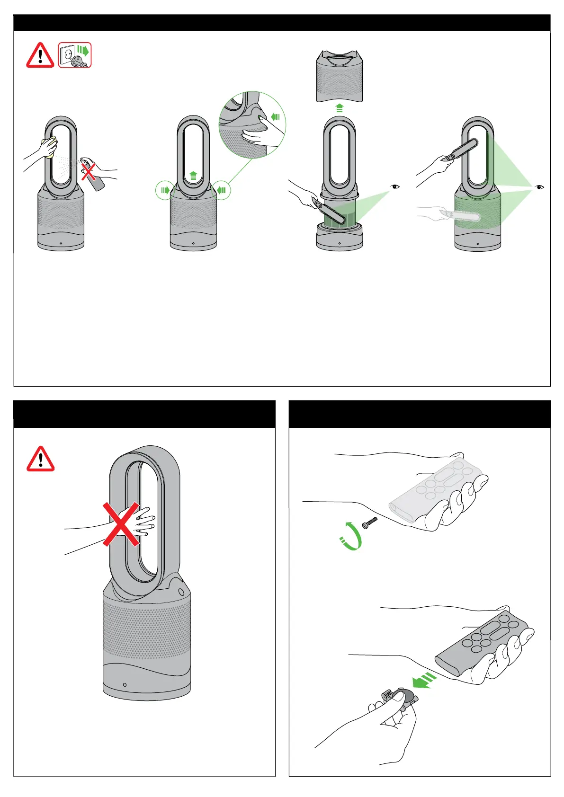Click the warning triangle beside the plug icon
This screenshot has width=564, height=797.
[40, 55]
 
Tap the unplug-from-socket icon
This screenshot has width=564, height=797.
[75, 55]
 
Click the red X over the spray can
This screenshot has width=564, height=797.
[88, 171]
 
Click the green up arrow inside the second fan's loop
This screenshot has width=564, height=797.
[193, 176]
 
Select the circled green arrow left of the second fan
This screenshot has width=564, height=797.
[164, 190]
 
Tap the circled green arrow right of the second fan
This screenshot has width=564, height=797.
[222, 190]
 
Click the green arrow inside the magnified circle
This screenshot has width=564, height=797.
[276, 116]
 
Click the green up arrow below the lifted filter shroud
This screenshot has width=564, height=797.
[340, 108]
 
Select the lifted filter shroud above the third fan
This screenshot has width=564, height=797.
[340, 76]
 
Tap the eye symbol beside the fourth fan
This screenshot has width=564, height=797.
[539, 187]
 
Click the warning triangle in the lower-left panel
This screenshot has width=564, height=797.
[41, 459]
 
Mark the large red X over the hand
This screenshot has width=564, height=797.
[121, 524]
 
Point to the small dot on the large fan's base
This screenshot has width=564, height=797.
[125, 684]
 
